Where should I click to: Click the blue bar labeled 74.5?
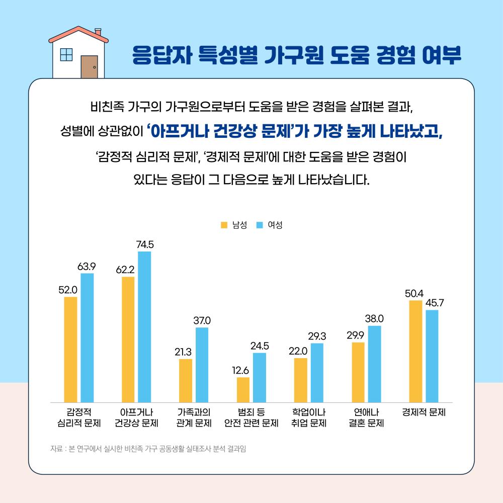point(144,327)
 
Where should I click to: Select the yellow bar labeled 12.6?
point(243,390)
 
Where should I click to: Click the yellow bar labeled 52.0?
point(70,350)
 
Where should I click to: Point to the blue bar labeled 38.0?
point(374,364)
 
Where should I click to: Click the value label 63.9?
point(87,266)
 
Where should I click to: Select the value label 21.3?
point(185,352)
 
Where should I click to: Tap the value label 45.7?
point(435,303)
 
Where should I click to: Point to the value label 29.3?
point(317,336)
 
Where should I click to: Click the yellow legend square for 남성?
point(224,225)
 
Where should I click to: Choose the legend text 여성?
point(275,225)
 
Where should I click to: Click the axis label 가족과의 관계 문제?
point(194,417)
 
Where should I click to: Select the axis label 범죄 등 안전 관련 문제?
point(251,417)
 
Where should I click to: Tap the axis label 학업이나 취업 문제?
point(309,417)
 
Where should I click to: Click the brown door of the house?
point(89,67)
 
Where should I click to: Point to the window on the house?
point(66,55)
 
